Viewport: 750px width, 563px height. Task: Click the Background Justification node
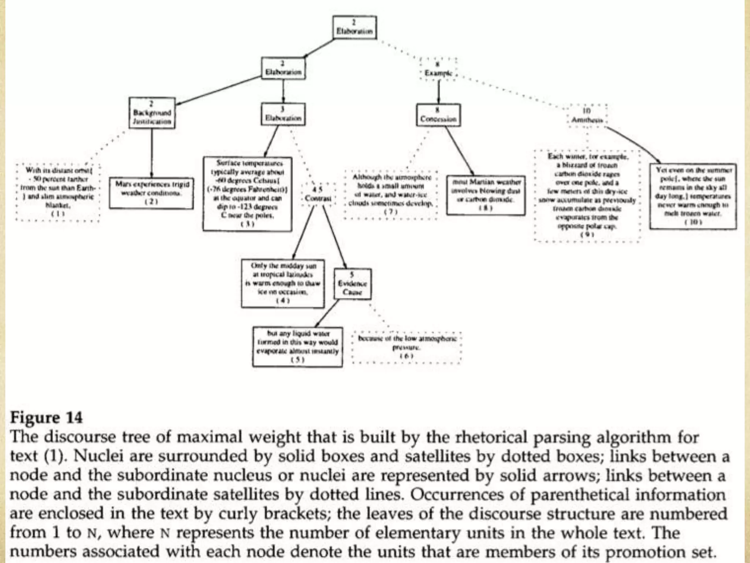[152, 113]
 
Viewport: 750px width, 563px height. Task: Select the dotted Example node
[438, 69]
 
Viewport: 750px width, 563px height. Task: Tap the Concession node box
[438, 115]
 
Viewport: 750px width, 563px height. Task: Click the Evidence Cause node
[352, 284]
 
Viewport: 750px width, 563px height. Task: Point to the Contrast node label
[318, 194]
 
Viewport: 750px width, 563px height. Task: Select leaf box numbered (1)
[57, 192]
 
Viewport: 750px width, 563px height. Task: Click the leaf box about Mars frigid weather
[151, 193]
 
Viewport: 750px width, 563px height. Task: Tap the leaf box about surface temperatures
[248, 194]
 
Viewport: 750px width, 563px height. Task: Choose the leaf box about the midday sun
[283, 283]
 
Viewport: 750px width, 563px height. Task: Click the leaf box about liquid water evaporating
[298, 347]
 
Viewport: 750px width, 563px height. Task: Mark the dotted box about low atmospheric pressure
[406, 347]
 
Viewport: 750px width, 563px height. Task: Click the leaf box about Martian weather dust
[486, 195]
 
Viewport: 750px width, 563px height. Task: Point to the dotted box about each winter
[587, 195]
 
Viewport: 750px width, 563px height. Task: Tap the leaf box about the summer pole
[693, 196]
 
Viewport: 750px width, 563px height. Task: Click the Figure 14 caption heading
[47, 418]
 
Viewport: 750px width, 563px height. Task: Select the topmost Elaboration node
[354, 27]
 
